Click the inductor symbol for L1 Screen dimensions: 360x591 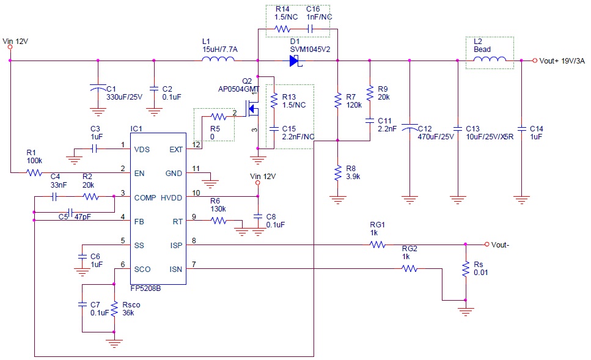(219, 59)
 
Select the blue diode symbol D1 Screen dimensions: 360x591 (294, 61)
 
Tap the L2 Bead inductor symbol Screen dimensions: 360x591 (490, 59)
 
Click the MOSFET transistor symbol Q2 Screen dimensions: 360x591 (252, 111)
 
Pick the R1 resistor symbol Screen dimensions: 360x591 (34, 173)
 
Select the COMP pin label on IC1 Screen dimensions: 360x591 (145, 197)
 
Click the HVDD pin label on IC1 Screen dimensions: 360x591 (172, 197)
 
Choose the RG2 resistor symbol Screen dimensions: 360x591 (410, 268)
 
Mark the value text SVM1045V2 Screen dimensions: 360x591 (310, 49)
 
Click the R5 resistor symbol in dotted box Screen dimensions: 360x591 (218, 116)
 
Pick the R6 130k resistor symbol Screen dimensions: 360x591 (219, 221)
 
